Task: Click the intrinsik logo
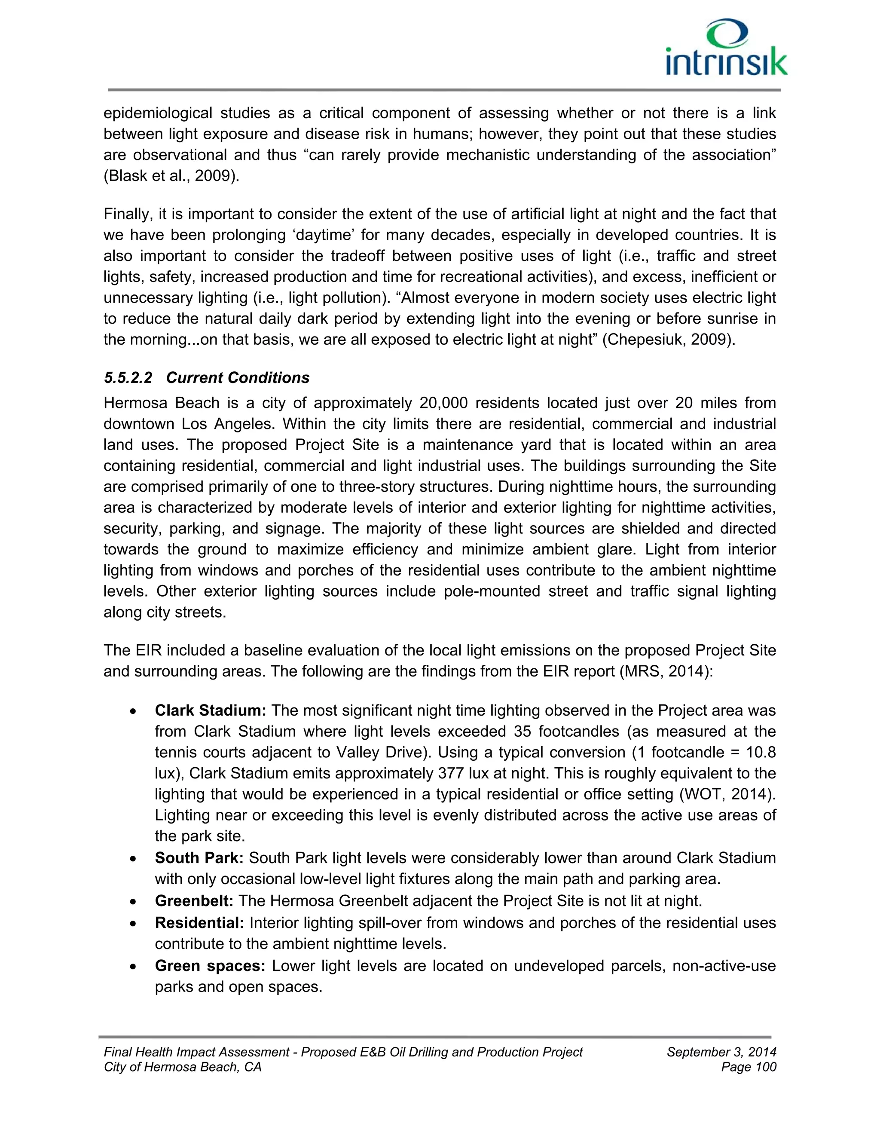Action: [726, 49]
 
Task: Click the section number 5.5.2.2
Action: [128, 377]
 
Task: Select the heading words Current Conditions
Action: [238, 377]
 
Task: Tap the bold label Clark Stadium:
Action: [211, 710]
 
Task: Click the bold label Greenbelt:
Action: [194, 901]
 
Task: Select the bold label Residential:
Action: [199, 923]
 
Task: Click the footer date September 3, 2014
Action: [721, 1052]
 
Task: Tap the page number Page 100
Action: [749, 1067]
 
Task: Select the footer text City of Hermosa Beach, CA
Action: [183, 1067]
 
